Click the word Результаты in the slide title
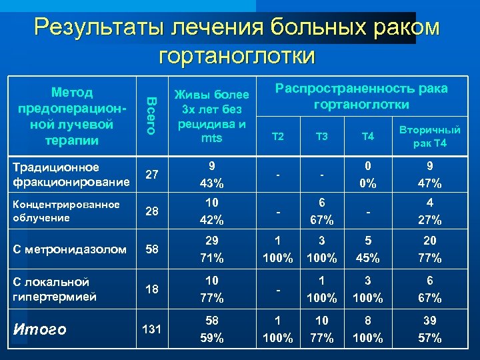[x=99, y=28]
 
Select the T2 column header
[x=279, y=137]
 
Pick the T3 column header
[x=322, y=137]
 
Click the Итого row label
[x=43, y=329]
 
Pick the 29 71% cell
[x=211, y=249]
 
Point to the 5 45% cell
[x=367, y=249]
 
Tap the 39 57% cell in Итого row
[x=429, y=329]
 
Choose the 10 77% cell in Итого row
[x=322, y=329]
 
